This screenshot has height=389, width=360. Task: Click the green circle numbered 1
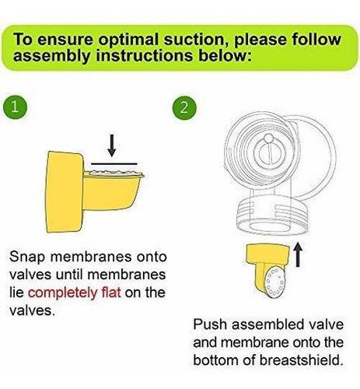pos(15,107)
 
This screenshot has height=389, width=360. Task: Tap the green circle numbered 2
pos(184,107)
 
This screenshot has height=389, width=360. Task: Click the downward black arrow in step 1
pos(112,145)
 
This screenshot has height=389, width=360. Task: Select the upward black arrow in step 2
pos(298,254)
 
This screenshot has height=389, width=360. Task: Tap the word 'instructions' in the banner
pos(145,55)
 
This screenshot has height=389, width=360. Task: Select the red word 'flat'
pos(110,292)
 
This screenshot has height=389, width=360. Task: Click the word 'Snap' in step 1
pos(27,258)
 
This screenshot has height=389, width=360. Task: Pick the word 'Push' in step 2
pos(210,324)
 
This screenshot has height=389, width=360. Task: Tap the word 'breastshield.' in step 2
pos(301,360)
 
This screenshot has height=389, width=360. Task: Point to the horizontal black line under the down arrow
pos(114,163)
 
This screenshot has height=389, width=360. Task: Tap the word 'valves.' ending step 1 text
pos(33,310)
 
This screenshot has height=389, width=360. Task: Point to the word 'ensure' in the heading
pos(66,40)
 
